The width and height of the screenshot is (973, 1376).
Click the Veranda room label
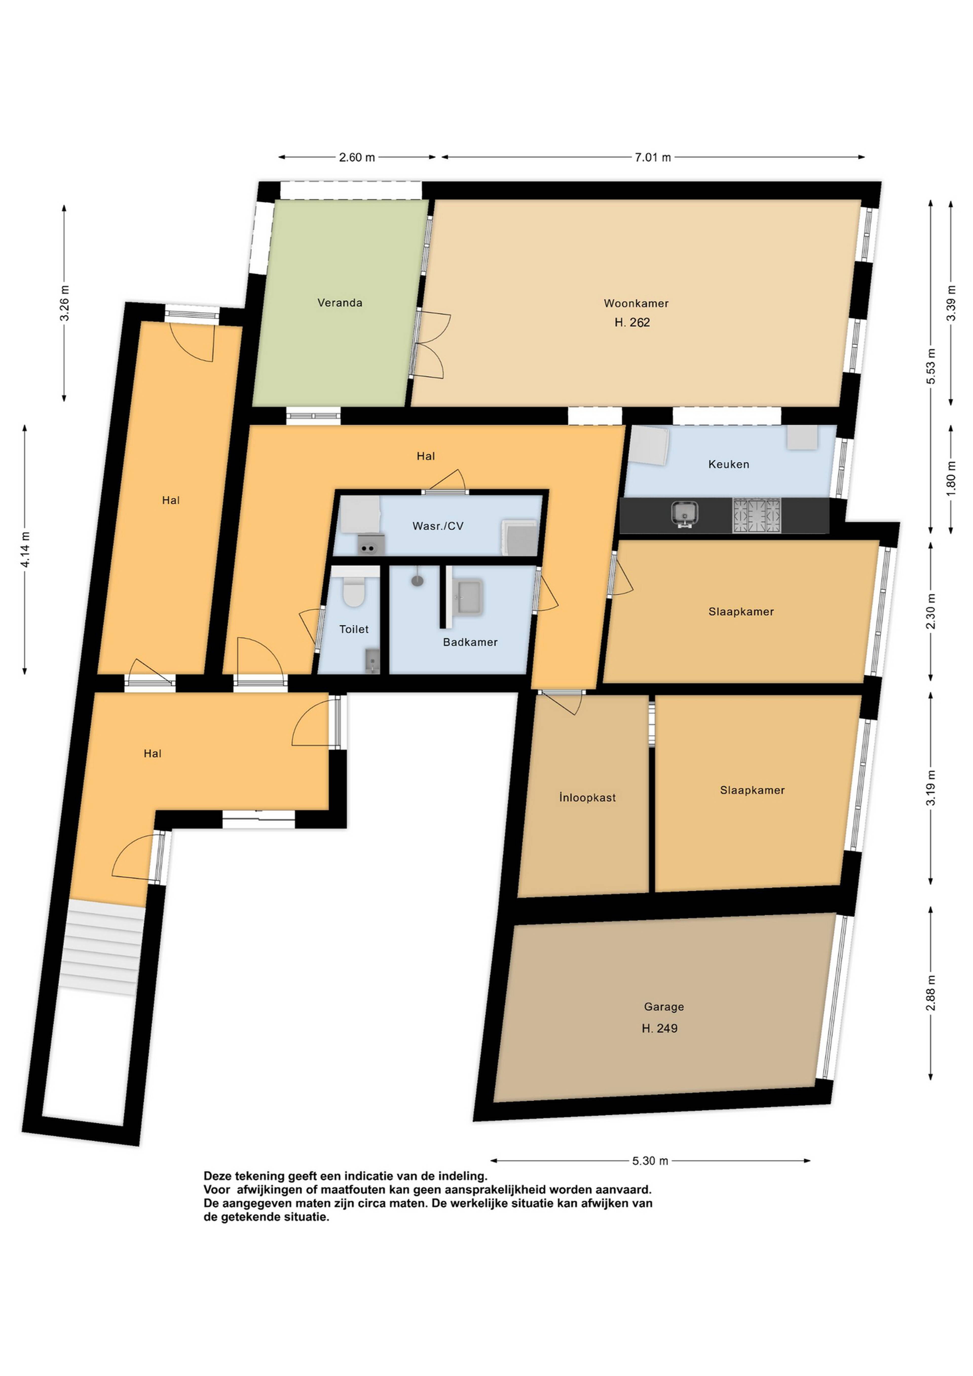coord(340,303)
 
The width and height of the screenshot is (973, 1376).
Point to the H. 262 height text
coord(632,322)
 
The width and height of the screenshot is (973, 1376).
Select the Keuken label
coord(728,464)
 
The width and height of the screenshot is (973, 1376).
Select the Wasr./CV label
coord(438,526)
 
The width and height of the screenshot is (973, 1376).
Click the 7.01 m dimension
coord(653,157)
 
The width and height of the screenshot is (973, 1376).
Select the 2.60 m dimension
coord(357,157)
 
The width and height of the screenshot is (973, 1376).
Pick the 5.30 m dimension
coord(650,1161)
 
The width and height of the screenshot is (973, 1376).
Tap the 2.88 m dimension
coord(930,993)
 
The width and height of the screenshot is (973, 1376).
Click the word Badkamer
coord(470,642)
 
